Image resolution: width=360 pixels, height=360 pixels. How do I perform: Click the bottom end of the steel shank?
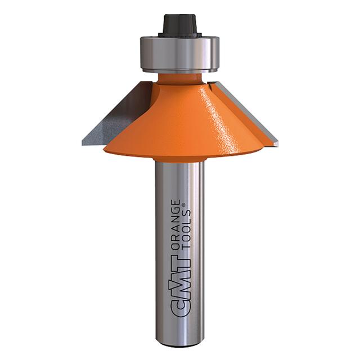[x=179, y=341]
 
